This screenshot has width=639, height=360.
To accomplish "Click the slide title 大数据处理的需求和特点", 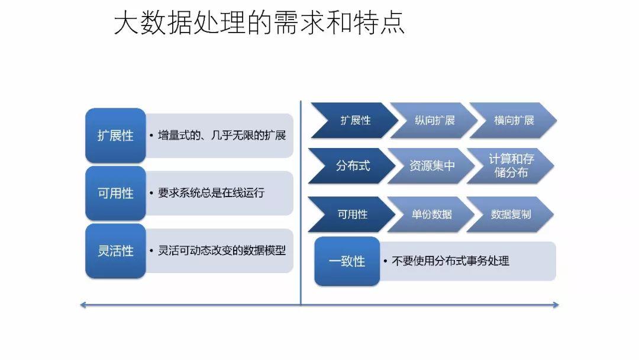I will coord(259,24).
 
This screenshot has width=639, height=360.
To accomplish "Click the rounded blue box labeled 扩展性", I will coord(115,136).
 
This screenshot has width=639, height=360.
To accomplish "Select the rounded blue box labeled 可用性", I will coord(115,193).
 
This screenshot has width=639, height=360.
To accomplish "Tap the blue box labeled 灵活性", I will coord(115,250).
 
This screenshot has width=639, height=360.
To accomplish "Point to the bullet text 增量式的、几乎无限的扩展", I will coord(222,136).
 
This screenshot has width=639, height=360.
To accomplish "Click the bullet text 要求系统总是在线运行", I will coord(211,193).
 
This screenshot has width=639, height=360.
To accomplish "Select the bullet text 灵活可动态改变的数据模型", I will coord(222,250).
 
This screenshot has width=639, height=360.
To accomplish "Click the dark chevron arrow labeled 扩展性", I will coord(354,121).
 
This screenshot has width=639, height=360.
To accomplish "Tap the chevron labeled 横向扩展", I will coord(514,121).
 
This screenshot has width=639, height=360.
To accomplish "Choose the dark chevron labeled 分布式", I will coord(353,166).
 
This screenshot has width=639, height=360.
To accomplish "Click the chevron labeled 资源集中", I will coord(432,166).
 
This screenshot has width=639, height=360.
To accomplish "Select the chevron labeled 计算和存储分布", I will coord(511,166).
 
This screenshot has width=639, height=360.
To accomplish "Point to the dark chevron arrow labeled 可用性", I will coord(352,214).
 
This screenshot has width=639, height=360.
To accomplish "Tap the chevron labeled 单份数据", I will coord(431,214).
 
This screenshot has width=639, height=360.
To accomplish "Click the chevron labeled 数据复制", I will coord(511,214).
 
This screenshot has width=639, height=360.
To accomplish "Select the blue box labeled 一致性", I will coord(347,261).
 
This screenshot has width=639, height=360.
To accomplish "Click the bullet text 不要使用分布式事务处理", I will coord(450,261).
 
